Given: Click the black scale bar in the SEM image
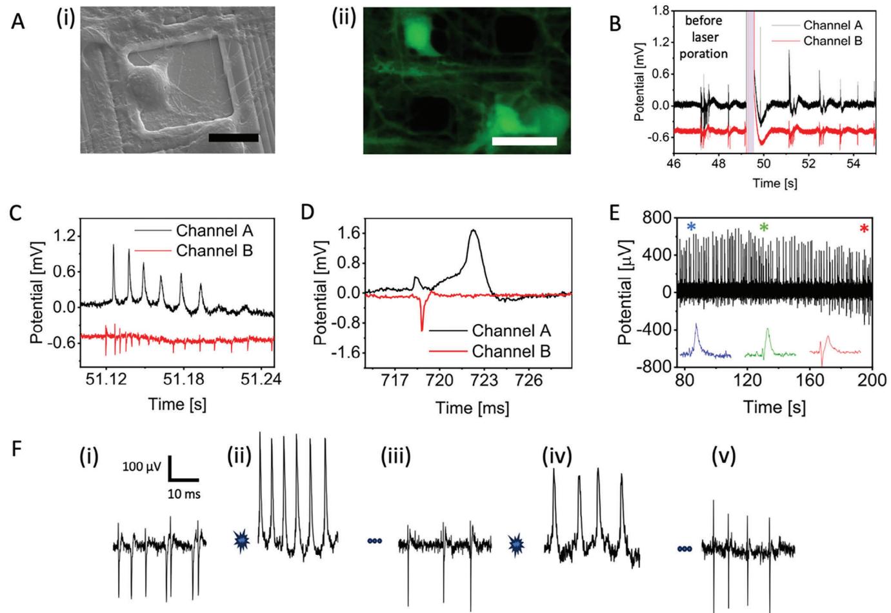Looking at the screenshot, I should pyautogui.click(x=234, y=137).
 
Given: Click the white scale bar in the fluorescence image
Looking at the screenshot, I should pyautogui.click(x=524, y=141).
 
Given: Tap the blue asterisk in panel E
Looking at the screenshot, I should pyautogui.click(x=692, y=227).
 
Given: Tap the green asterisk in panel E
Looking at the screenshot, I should pyautogui.click(x=764, y=228).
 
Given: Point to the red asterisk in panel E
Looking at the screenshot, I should pyautogui.click(x=865, y=228).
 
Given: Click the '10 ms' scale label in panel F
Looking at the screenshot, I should pyautogui.click(x=184, y=495).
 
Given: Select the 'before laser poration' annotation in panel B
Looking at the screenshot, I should pyautogui.click(x=703, y=37).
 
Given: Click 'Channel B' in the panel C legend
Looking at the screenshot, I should pyautogui.click(x=214, y=250).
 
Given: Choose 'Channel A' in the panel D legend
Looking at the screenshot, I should pyautogui.click(x=512, y=331).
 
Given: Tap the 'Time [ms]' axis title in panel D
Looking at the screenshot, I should pyautogui.click(x=472, y=408).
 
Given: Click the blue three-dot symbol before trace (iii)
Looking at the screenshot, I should pyautogui.click(x=375, y=541).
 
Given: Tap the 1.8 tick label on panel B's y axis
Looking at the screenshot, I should pyautogui.click(x=659, y=11).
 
